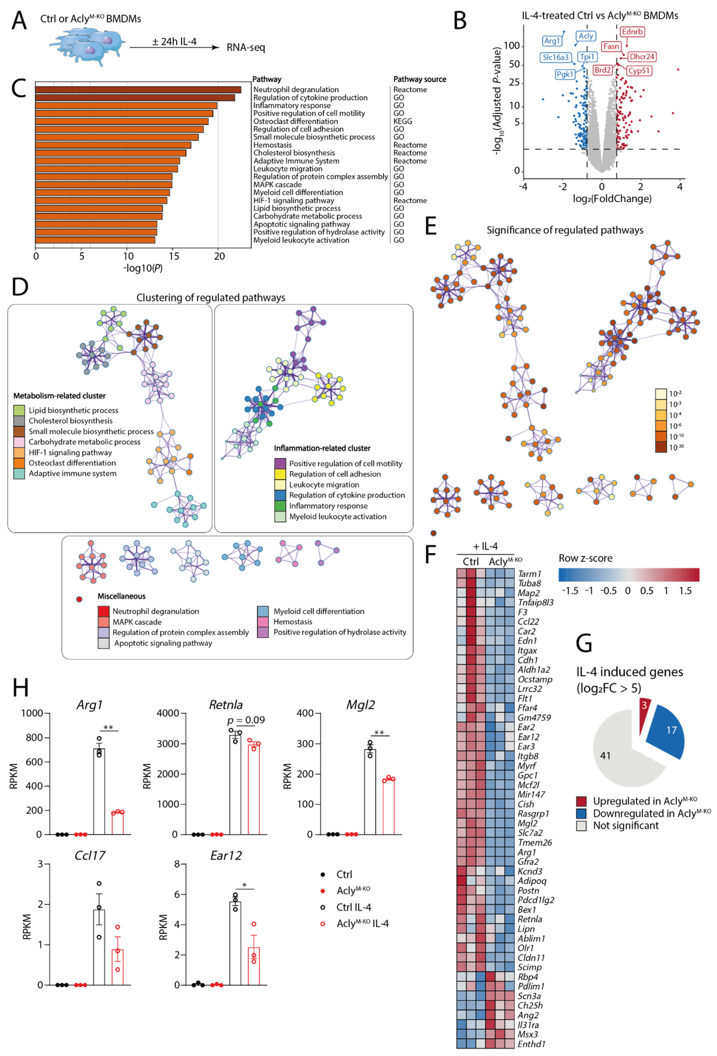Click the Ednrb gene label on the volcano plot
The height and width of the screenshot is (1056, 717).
(x=632, y=32)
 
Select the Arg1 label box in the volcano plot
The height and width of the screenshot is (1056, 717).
(x=552, y=41)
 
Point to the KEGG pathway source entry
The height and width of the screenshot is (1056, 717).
(x=402, y=121)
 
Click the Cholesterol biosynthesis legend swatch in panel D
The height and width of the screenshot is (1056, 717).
(x=19, y=421)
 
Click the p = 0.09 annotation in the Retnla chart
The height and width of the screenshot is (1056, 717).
(x=246, y=720)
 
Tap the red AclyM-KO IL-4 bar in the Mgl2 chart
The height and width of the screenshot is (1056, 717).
(x=389, y=807)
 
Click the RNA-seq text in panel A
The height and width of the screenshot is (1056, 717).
(x=246, y=47)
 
